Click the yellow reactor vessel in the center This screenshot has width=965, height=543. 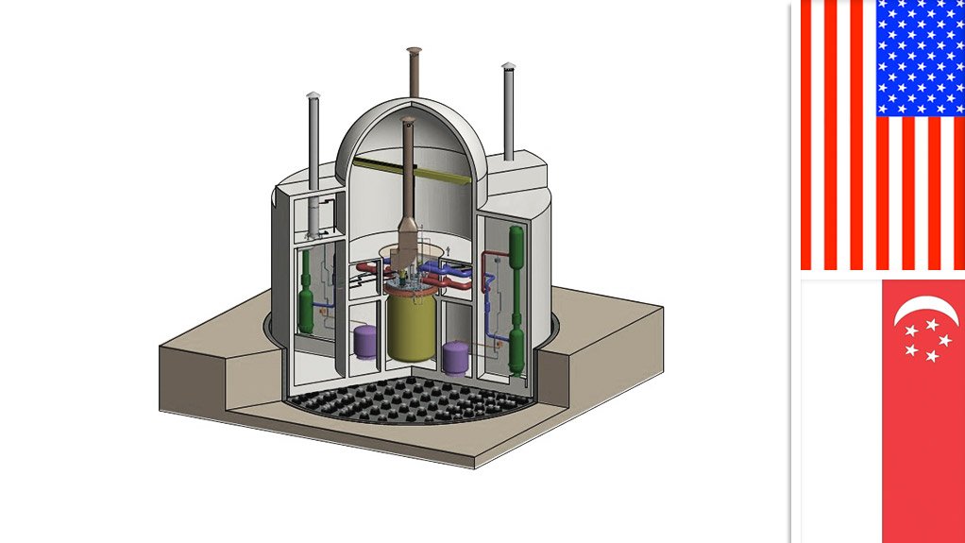pos(412,326)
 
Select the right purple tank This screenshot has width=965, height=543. pos(455,357)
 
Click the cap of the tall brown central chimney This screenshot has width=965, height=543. pos(415,51)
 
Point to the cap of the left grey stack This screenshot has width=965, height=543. pos(314,95)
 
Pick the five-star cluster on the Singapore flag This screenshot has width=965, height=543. pos(924,340)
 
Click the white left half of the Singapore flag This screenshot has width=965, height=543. pos(840,411)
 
